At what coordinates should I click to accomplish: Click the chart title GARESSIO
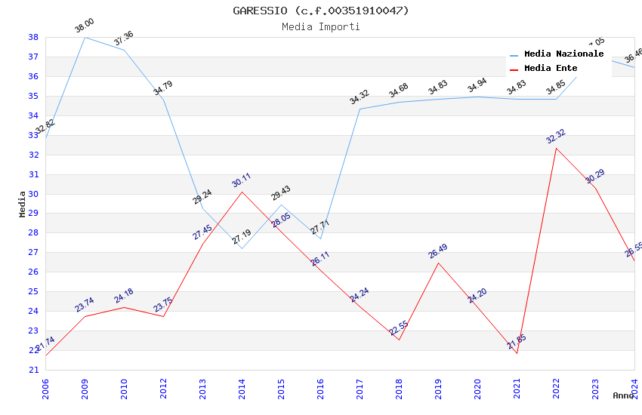coord(320,11)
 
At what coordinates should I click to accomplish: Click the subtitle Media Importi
coord(320,26)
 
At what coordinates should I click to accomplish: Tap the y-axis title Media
coord(23,204)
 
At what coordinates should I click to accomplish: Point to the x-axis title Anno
coord(623,395)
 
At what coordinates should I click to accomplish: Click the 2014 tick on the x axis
coord(242,386)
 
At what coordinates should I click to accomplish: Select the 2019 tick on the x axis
coord(438,386)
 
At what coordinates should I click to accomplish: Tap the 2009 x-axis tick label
coord(85,386)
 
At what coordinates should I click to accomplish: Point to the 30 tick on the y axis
coord(34,194)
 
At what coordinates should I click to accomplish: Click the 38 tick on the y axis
coord(34,37)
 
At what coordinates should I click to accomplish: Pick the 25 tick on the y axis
coord(34,292)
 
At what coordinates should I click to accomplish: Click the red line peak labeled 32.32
coord(556,148)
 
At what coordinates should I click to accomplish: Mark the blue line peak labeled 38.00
coord(85,37)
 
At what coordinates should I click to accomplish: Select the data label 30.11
coord(242,180)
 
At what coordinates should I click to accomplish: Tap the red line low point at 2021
coord(517,353)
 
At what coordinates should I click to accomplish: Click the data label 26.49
coord(438,251)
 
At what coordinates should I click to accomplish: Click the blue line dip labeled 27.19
coord(242,248)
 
